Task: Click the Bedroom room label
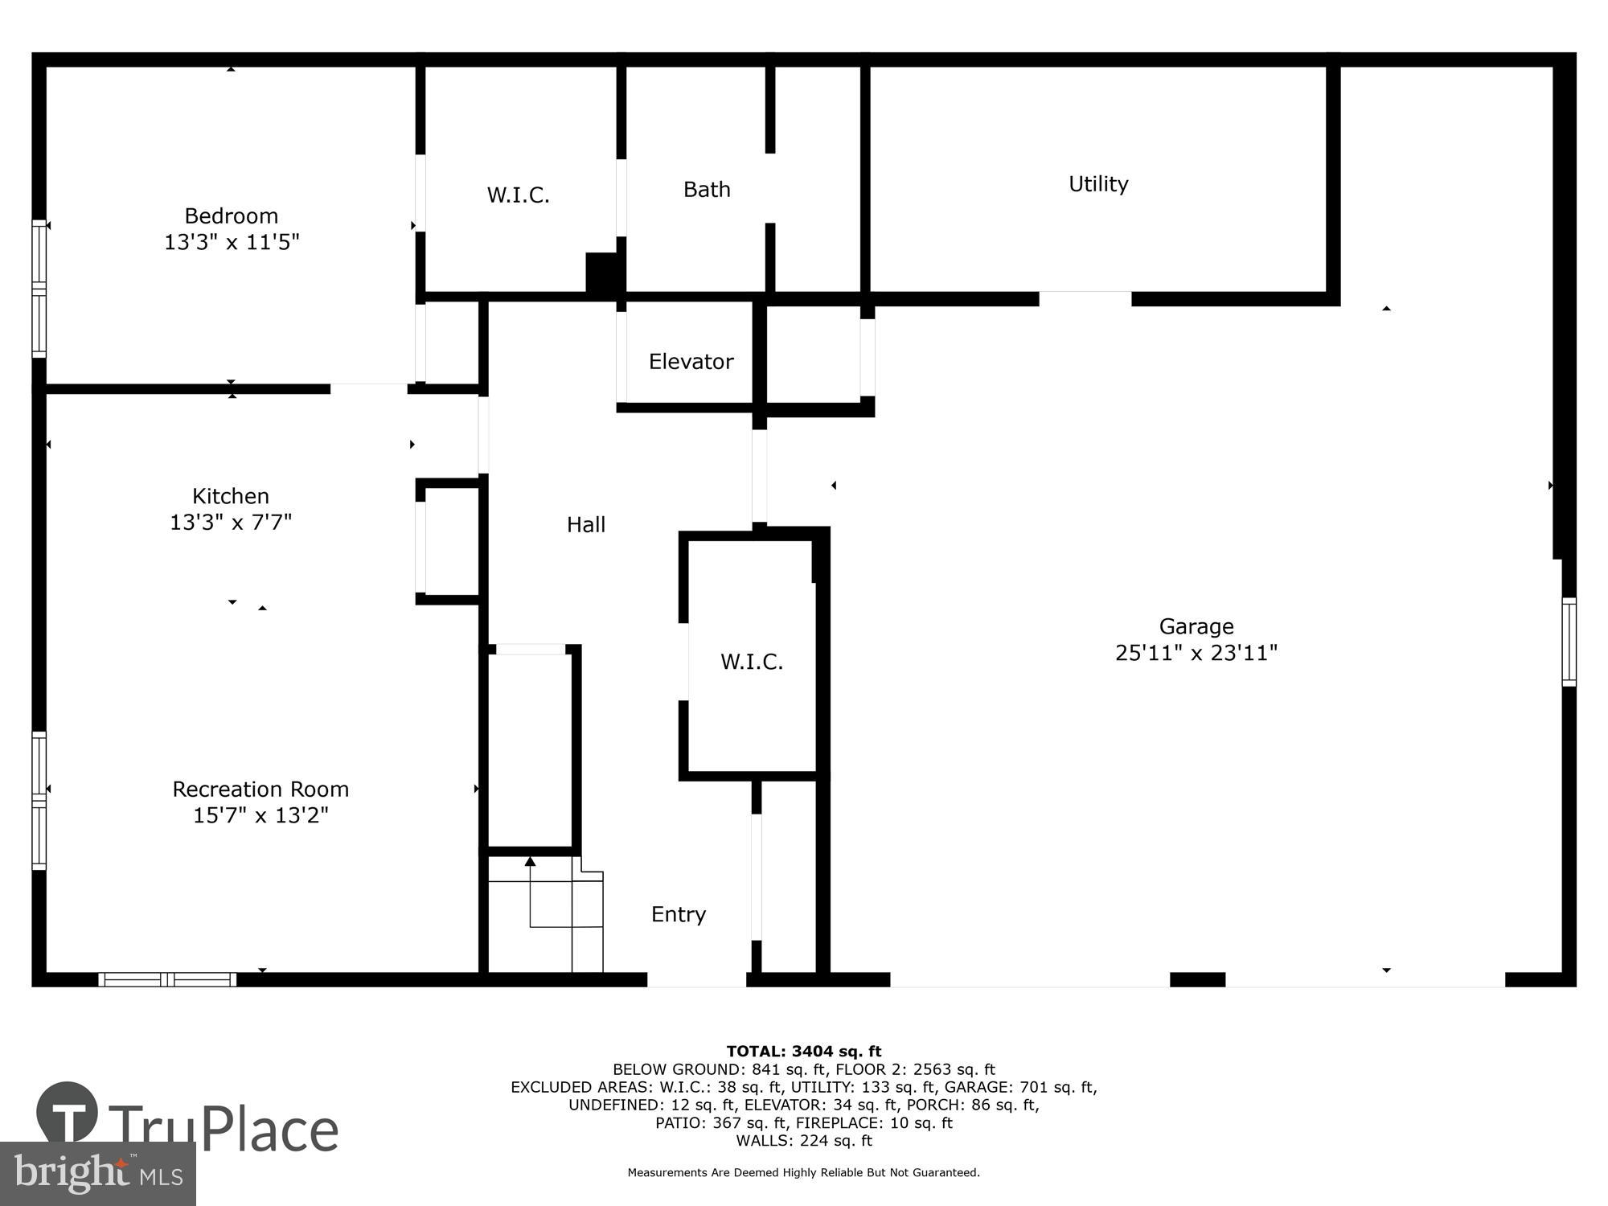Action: click(x=232, y=215)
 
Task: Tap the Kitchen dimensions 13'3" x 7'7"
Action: click(x=231, y=523)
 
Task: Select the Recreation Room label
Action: click(x=260, y=789)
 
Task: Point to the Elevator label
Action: click(x=691, y=362)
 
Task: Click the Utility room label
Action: click(x=1098, y=184)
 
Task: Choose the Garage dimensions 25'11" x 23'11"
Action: click(x=1196, y=653)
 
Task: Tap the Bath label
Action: click(x=707, y=190)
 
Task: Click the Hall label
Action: click(x=585, y=525)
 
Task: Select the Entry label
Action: click(x=678, y=914)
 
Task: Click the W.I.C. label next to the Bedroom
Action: click(x=518, y=195)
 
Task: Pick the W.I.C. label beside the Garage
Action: click(x=751, y=662)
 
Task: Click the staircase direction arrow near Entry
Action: click(x=530, y=863)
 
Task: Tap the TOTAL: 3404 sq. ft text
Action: click(x=803, y=1051)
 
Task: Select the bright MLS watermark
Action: click(x=97, y=1174)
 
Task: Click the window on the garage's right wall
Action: click(x=1569, y=642)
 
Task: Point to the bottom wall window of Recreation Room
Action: click(x=167, y=979)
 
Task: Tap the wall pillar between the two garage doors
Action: click(x=1197, y=979)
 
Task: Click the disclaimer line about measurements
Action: click(x=803, y=1173)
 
